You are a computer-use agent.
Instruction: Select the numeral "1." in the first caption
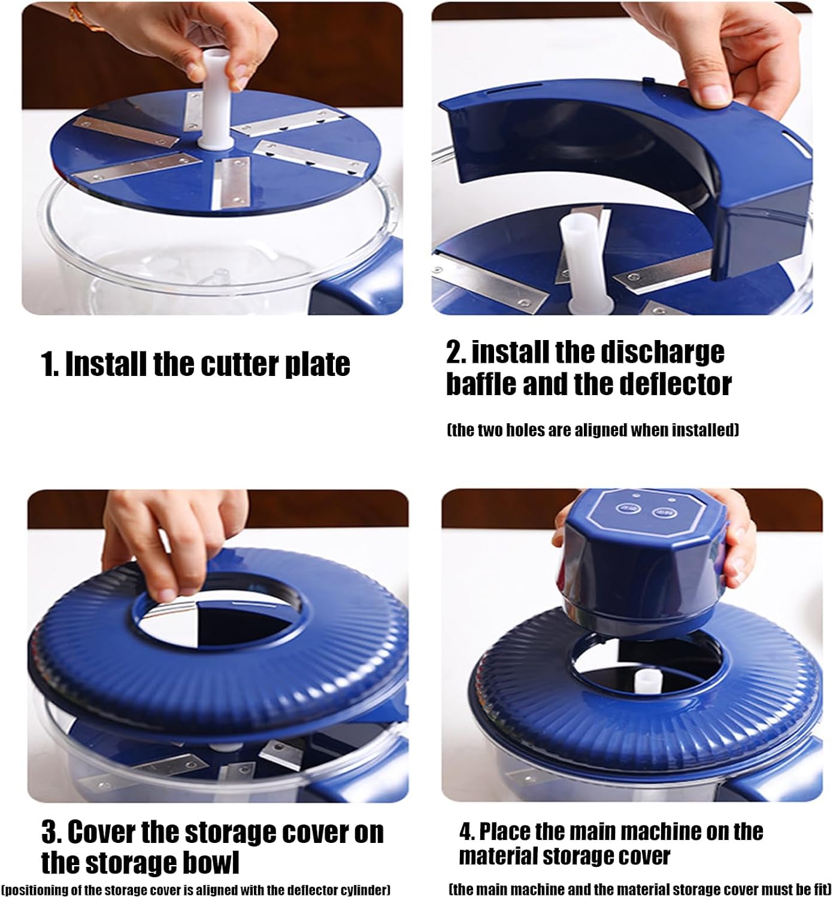coord(50,363)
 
